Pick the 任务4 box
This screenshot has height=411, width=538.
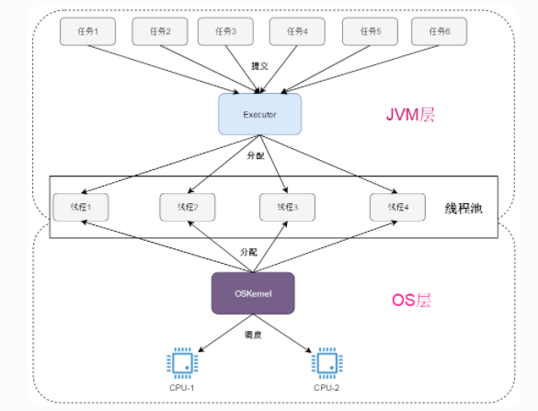297,31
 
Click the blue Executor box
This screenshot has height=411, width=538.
259,114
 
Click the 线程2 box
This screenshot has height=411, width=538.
187,207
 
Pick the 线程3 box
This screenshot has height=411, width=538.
287,207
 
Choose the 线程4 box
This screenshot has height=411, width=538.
397,207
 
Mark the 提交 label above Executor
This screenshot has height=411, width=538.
259,66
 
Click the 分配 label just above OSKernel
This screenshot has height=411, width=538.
249,251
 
